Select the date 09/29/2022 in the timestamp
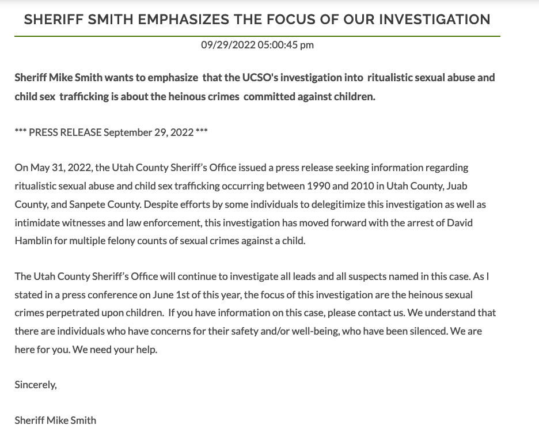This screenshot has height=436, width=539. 228,45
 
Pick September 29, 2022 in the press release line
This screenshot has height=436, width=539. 149,132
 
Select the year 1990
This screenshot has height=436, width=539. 317,186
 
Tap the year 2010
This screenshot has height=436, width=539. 366,186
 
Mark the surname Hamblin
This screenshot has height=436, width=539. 34,241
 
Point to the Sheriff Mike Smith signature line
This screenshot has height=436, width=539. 55,420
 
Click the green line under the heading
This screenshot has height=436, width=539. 257,36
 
